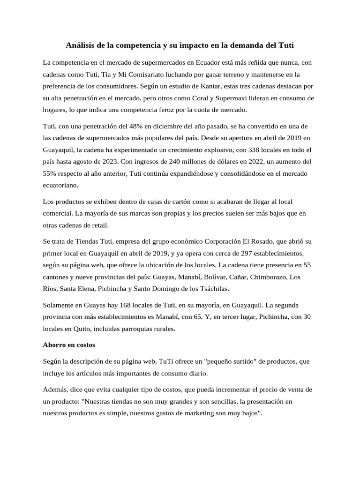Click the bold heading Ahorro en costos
[x=69, y=345]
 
